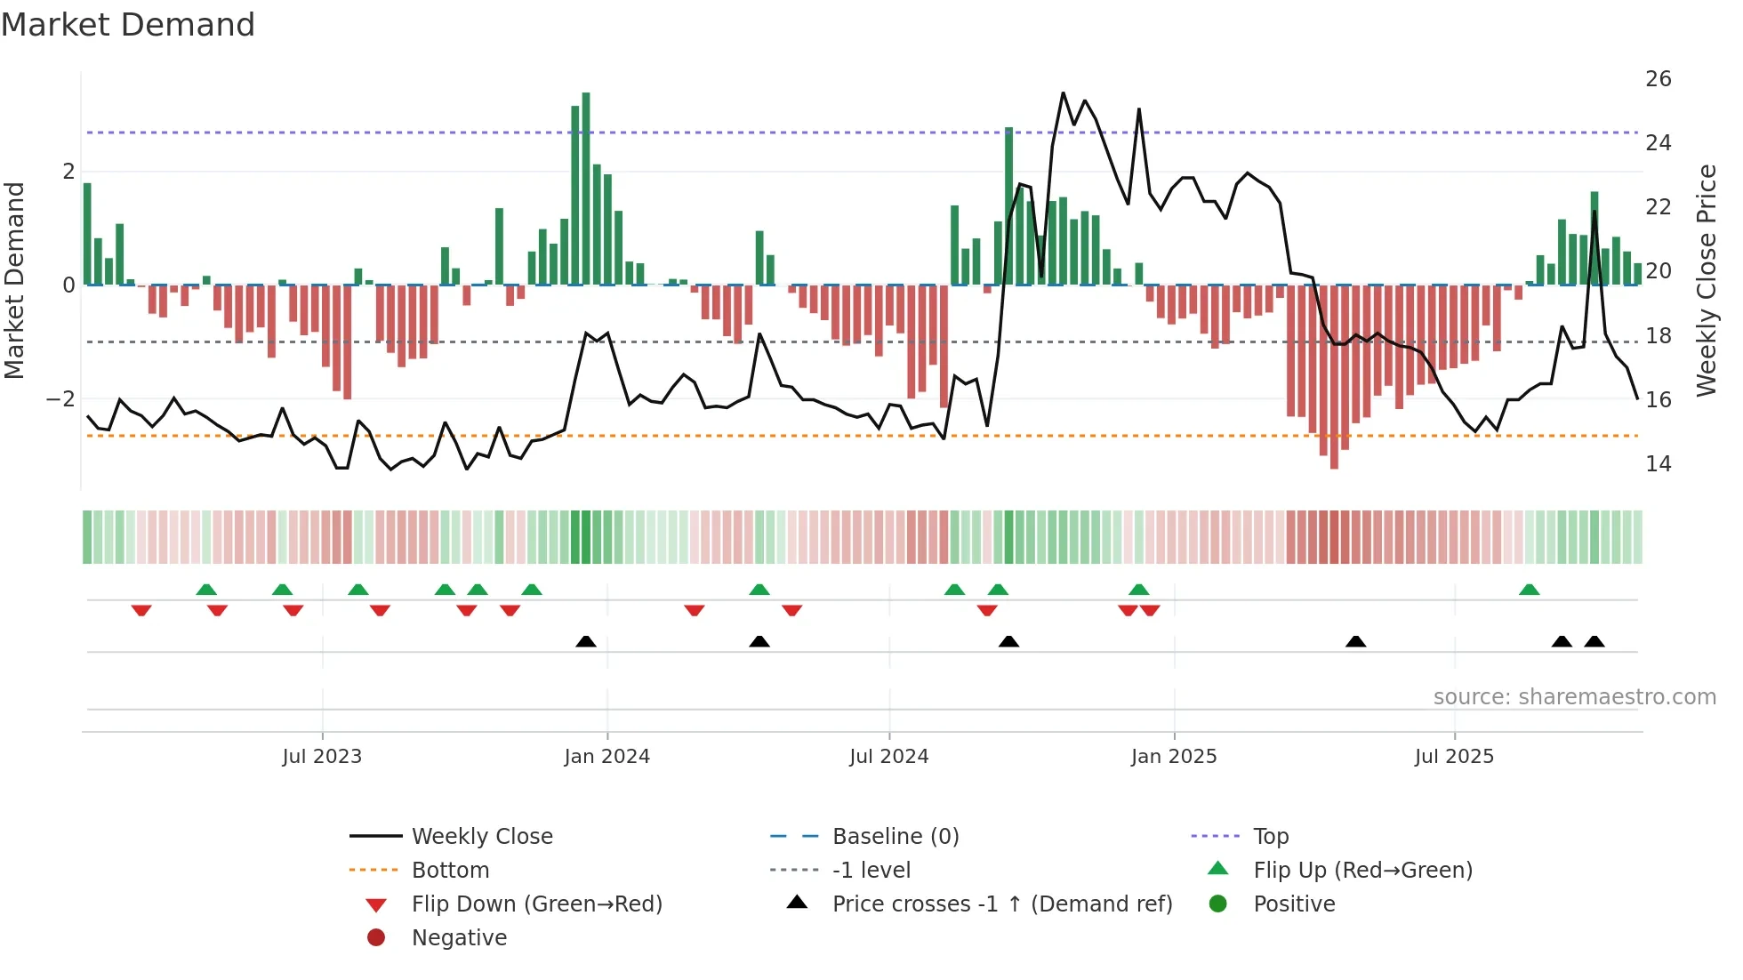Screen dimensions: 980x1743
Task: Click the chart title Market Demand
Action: coord(128,25)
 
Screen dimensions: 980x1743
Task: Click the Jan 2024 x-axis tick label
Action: coord(606,757)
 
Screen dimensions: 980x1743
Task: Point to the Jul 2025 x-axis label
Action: coord(1454,757)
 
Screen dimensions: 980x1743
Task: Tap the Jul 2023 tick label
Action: coord(322,757)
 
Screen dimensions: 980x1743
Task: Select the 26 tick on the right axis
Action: coord(1658,79)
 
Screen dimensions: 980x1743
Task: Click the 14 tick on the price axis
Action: coord(1658,464)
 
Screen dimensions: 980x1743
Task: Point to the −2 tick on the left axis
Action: coord(60,399)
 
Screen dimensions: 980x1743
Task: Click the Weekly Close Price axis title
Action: coord(1706,280)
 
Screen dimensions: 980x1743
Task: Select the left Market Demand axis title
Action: coord(15,280)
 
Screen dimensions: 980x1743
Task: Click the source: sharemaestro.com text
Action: coord(1574,697)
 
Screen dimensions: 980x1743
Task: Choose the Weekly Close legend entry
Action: coord(481,837)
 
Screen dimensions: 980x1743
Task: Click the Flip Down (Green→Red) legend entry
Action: coord(536,904)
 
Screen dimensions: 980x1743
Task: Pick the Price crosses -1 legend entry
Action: coord(1001,904)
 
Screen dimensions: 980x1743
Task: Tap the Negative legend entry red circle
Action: coord(376,938)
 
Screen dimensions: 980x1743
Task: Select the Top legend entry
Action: coord(1270,837)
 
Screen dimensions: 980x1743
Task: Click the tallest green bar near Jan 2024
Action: coord(586,187)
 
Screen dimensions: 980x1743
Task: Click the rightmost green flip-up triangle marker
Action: coord(1529,590)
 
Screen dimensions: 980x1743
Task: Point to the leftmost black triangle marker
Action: coord(586,641)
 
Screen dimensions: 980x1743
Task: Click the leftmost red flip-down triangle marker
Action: coord(141,610)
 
